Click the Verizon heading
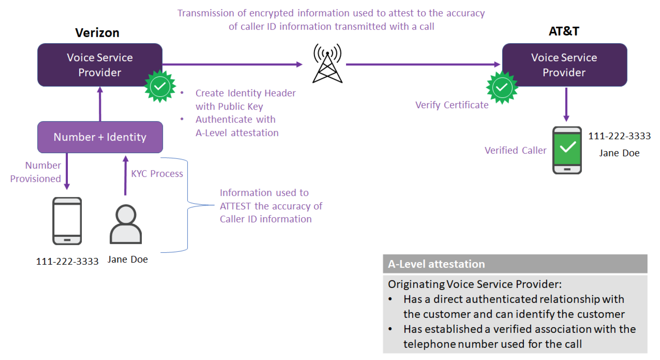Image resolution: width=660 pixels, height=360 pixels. [97, 33]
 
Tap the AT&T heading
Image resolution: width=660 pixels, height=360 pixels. [564, 31]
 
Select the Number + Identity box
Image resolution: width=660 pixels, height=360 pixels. [100, 137]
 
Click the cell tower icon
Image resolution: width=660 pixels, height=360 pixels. [327, 64]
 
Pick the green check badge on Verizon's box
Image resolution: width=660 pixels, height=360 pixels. [160, 86]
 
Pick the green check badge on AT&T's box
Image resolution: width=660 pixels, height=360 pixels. [502, 87]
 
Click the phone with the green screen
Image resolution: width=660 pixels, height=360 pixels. [567, 150]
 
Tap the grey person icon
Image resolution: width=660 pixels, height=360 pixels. [126, 224]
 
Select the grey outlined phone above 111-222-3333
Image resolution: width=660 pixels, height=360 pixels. [67, 221]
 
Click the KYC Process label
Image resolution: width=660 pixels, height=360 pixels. [157, 174]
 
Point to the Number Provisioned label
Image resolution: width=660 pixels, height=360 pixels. [36, 172]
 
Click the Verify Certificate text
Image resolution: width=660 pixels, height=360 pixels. [451, 105]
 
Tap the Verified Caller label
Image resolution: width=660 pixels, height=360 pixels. [515, 150]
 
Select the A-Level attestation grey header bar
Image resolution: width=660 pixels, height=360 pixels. [515, 264]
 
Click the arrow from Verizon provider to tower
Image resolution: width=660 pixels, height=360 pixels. [232, 65]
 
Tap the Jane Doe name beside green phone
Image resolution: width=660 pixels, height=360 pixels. [619, 153]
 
